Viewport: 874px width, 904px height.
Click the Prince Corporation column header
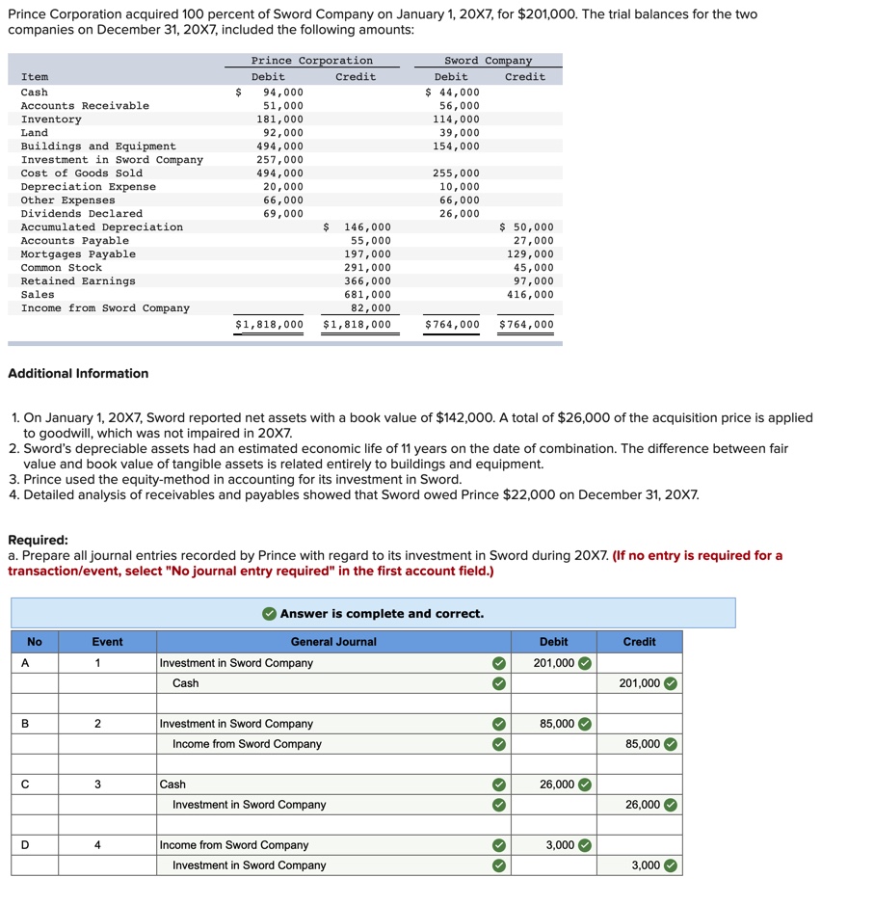(311, 61)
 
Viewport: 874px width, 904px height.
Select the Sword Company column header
(488, 61)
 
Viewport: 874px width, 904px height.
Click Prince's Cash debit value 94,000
(282, 93)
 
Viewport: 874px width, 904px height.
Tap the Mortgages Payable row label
(78, 254)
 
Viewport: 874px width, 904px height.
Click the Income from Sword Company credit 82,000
(371, 308)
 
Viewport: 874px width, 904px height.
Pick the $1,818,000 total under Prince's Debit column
(269, 325)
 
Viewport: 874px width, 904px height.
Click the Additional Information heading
(78, 373)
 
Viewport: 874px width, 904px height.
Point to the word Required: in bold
(38, 540)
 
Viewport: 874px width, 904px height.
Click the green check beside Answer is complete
(270, 614)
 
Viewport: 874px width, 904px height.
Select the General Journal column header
(333, 642)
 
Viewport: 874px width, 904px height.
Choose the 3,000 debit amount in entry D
(559, 845)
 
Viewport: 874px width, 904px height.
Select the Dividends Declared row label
(81, 214)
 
